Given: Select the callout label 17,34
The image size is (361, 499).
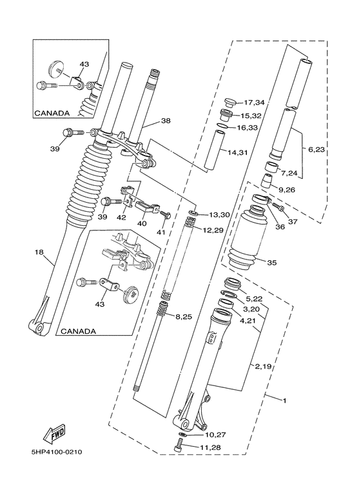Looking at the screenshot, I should coord(254,103).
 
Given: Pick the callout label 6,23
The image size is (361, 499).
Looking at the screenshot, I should coord(317,150).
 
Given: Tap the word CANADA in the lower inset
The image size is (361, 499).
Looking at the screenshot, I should coord(78,331).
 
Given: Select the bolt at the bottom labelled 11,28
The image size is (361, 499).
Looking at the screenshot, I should coord(180,445).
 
